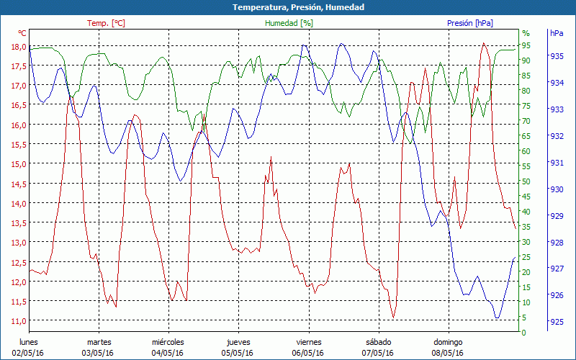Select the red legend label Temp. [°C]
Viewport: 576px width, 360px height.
coord(106,23)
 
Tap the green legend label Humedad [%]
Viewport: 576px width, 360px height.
coord(289,23)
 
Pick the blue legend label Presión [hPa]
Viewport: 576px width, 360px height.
coord(470,23)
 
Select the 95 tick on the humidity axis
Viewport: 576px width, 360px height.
coord(526,45)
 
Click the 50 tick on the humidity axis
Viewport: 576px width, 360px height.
coord(526,181)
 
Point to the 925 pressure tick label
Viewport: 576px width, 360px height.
coord(557,322)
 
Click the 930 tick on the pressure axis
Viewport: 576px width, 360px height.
coord(557,189)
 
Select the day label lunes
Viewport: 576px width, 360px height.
coord(28,342)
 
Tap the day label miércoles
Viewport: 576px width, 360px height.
coord(168,342)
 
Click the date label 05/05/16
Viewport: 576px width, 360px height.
coord(237,353)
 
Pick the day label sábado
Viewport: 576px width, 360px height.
coord(378,342)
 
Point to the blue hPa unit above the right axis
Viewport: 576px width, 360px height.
coord(557,33)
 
